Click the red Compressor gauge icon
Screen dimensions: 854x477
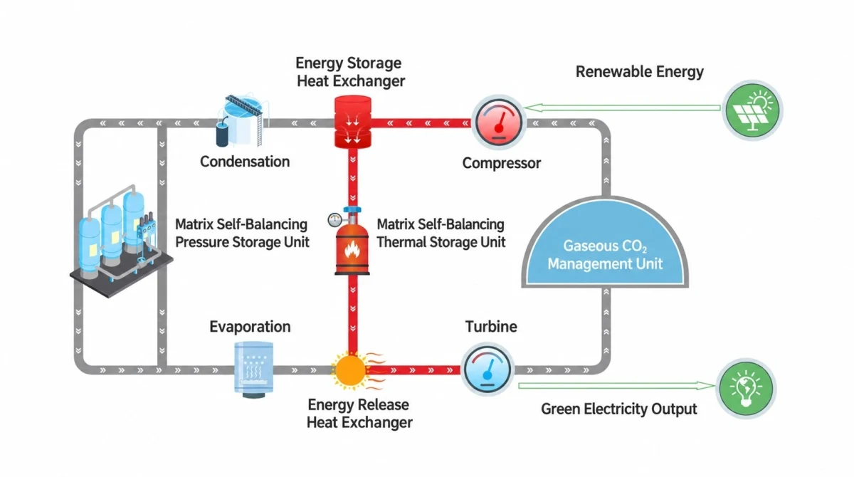tap(499, 122)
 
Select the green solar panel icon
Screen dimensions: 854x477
tap(752, 110)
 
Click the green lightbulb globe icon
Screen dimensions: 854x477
tap(746, 388)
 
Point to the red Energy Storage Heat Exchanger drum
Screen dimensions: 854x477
tap(353, 122)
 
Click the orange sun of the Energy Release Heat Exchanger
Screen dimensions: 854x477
tap(351, 370)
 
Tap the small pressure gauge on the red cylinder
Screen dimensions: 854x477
tap(334, 220)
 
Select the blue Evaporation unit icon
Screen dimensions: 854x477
tap(253, 369)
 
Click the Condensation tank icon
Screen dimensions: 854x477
tap(242, 120)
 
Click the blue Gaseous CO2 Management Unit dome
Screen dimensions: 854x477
tap(605, 243)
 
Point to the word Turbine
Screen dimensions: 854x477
tap(491, 327)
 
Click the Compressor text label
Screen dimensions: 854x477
tap(501, 163)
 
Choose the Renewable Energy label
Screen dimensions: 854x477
tap(639, 72)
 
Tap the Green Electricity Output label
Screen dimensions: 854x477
tap(618, 409)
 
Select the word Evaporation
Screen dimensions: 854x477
tap(250, 327)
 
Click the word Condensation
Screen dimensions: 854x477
tap(245, 162)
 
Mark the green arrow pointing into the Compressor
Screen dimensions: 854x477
tap(622, 108)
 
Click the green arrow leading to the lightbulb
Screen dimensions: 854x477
tap(617, 386)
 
